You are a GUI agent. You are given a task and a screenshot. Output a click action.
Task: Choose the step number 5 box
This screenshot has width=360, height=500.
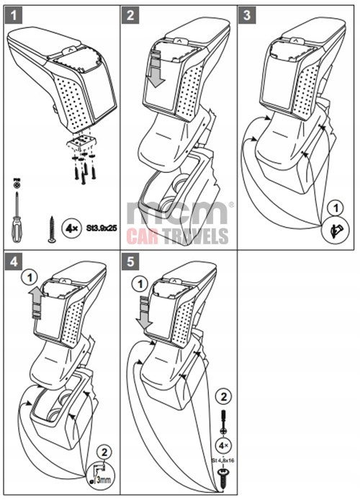coord(130,261)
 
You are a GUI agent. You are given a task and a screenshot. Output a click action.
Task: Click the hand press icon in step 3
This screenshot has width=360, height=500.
coord(331,228)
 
